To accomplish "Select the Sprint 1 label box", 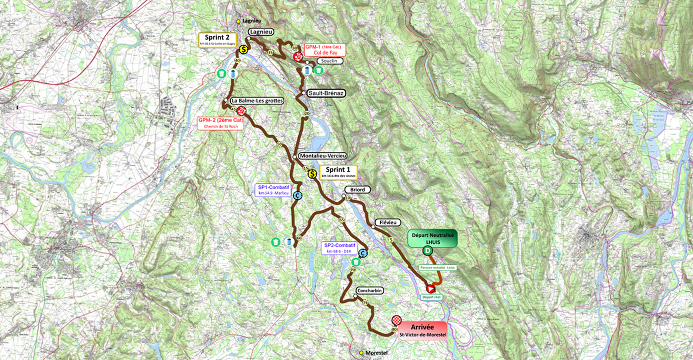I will tap(338, 172).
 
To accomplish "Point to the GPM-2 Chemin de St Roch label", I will tap(221, 123).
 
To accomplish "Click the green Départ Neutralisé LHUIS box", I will tap(432, 238).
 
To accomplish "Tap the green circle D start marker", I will tap(427, 250).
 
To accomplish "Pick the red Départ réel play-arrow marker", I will tap(430, 288).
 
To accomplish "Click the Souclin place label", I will tap(329, 61).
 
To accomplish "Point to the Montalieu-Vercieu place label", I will tap(322, 155).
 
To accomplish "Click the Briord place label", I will tap(357, 190).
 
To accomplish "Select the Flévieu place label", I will tap(388, 223).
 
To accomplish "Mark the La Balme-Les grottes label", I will tap(257, 101).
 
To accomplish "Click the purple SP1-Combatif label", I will tap(273, 189).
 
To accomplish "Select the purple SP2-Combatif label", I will tap(340, 248).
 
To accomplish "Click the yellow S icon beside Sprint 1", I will tap(311, 173).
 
